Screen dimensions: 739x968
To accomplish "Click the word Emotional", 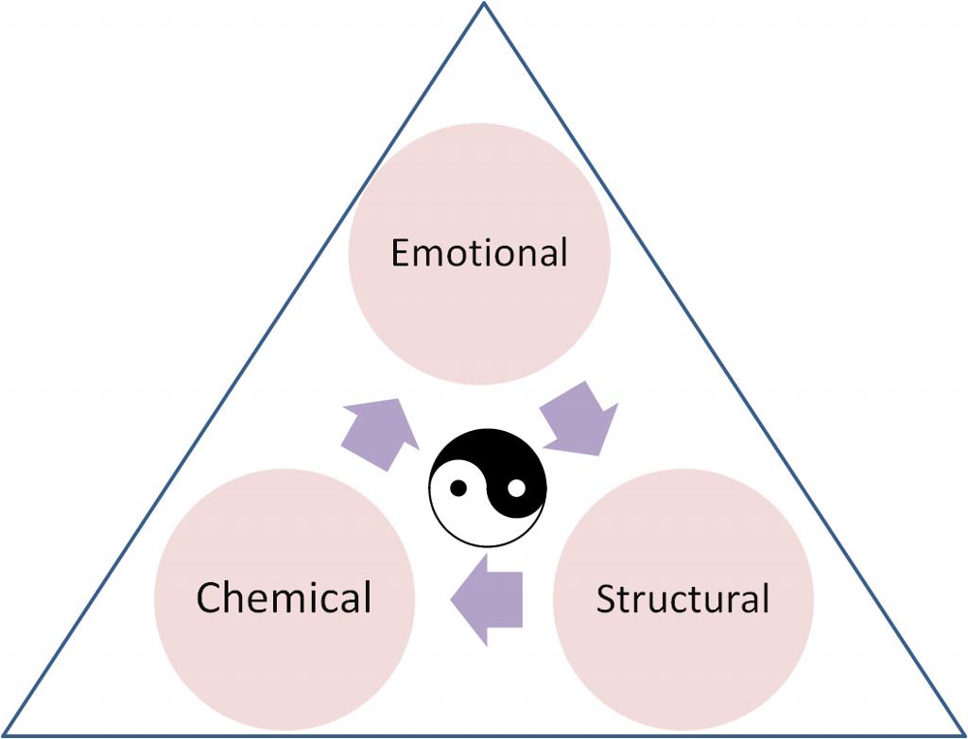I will pos(479,253).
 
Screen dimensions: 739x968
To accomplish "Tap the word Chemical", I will pos(284,597).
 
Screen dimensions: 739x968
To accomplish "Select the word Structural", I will pos(683,599).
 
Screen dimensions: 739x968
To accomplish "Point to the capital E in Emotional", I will pos(402,253).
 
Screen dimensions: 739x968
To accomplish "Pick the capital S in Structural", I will pos(606,600).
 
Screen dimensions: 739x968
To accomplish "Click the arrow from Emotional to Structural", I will pos(579,418).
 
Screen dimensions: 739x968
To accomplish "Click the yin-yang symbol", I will pos(487,488).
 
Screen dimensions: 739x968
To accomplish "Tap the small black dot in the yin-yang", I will pos(458,489).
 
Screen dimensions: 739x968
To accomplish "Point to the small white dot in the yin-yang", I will pos(516,488).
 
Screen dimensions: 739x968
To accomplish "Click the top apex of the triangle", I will pos(484,5).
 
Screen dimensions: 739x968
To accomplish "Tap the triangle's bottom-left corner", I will pos(5,733).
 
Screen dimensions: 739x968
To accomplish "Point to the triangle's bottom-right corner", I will pos(962,733).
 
